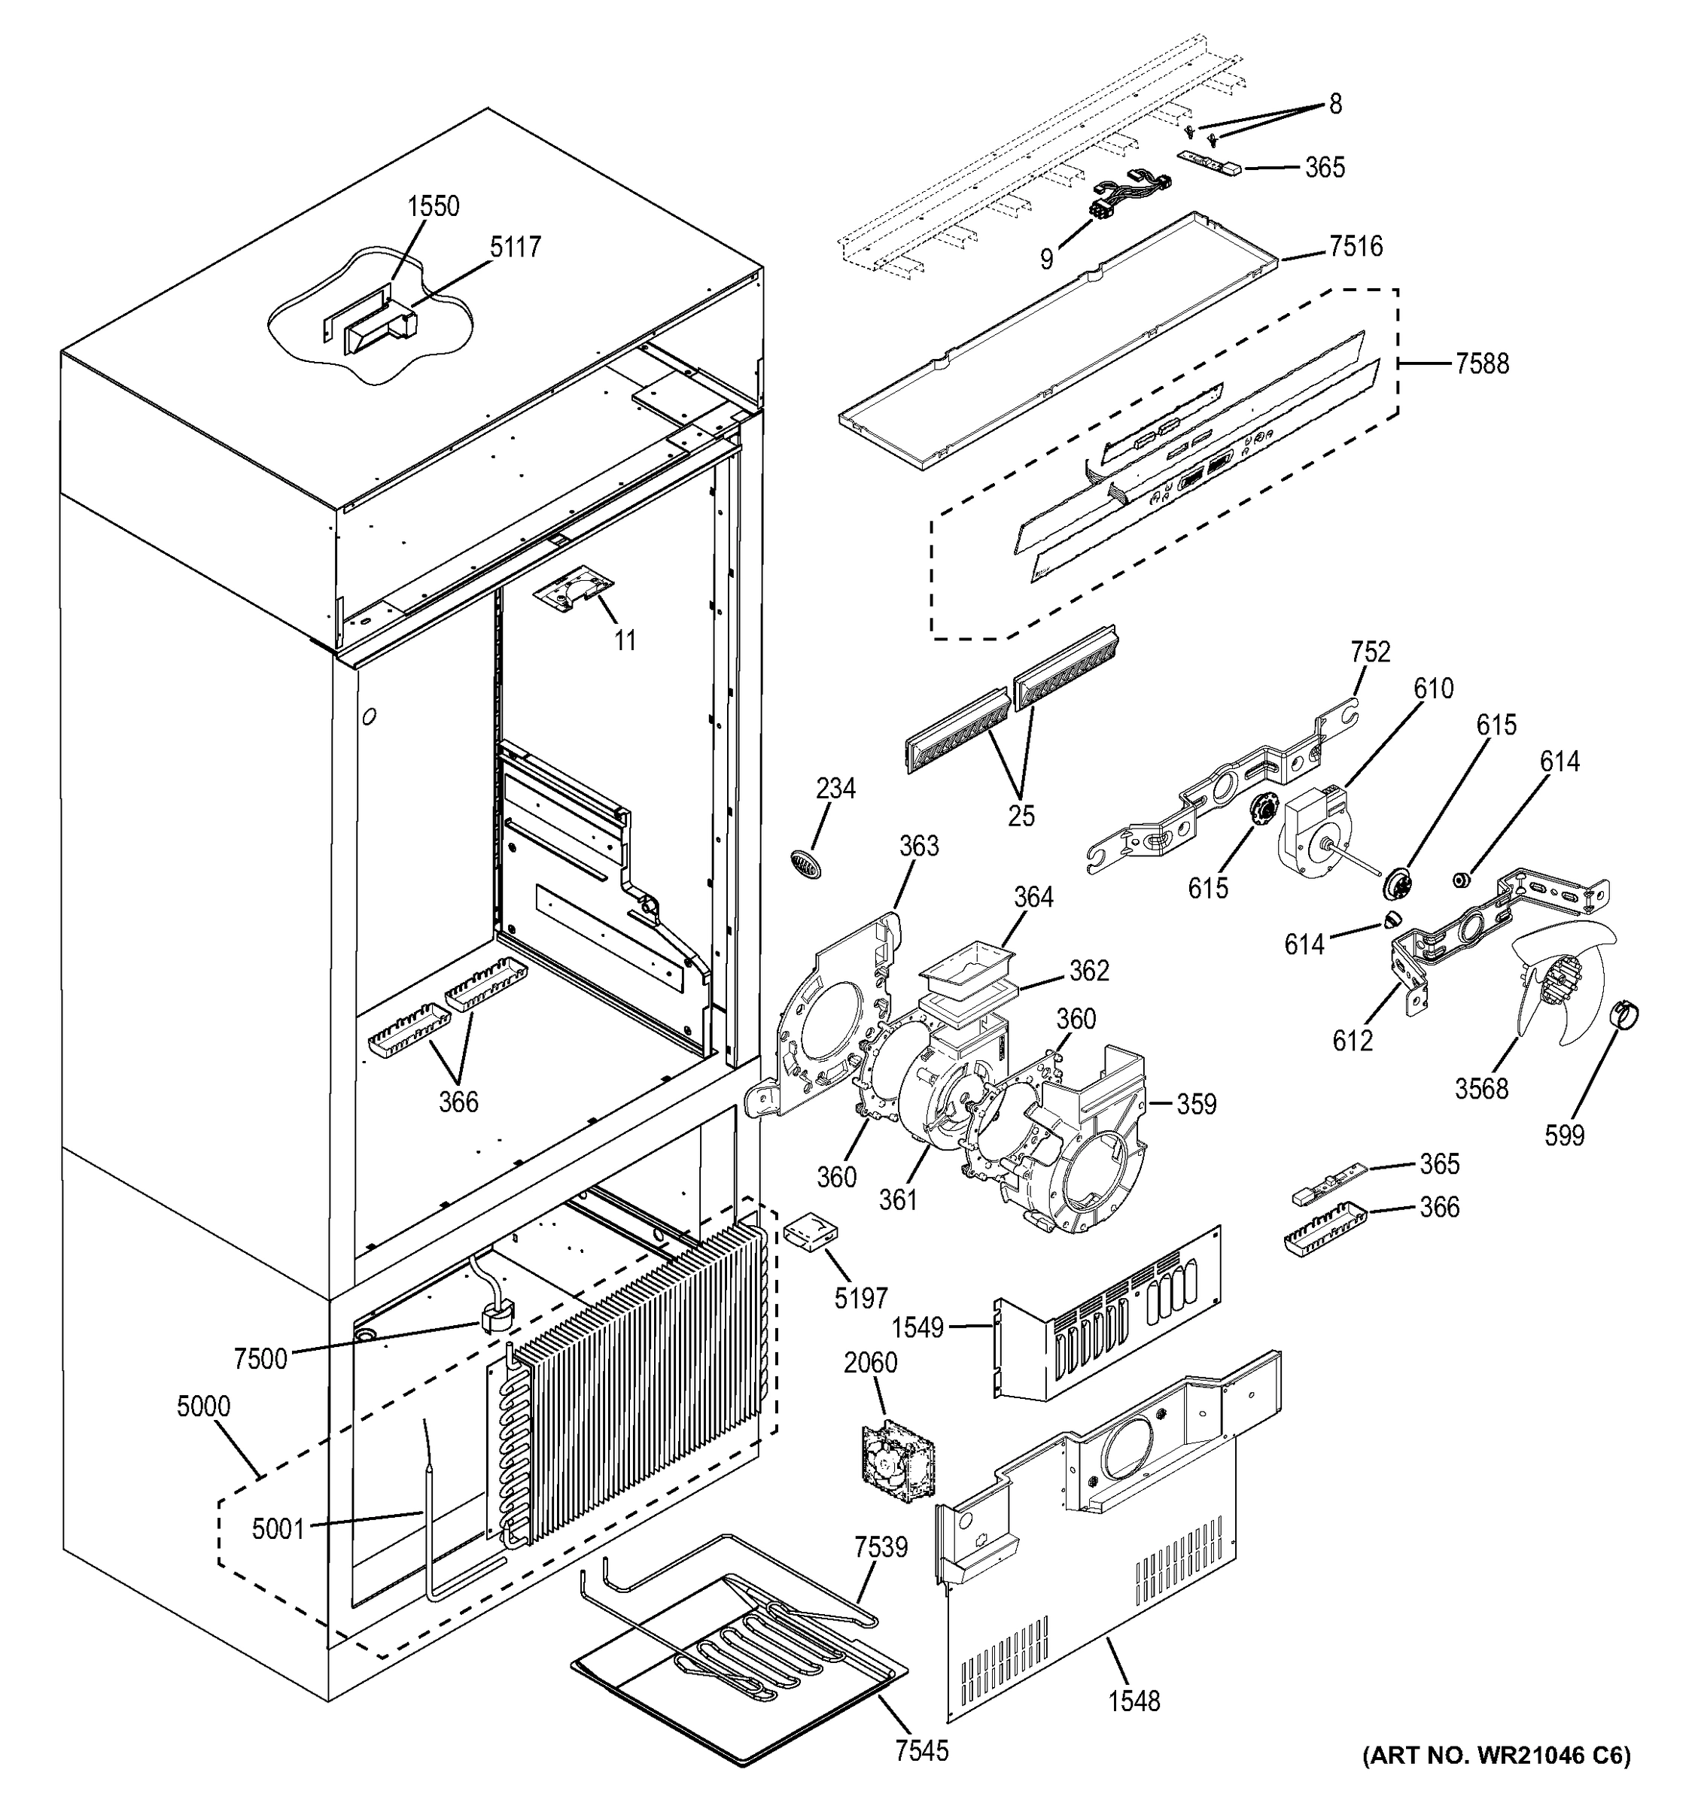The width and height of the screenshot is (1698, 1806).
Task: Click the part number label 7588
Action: point(1481,364)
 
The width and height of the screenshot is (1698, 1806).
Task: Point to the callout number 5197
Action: point(861,1297)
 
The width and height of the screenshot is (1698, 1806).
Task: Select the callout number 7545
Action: point(921,1750)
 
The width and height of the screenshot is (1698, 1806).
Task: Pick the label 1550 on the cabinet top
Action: point(433,206)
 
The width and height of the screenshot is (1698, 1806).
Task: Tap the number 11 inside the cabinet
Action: point(624,640)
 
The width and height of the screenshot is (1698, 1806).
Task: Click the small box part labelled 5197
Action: point(811,1233)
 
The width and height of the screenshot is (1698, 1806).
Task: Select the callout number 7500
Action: point(260,1359)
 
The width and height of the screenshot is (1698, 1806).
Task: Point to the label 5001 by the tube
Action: point(278,1529)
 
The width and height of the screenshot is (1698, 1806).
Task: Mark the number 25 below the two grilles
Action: point(1021,816)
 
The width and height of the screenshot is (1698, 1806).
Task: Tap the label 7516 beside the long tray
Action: point(1356,246)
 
